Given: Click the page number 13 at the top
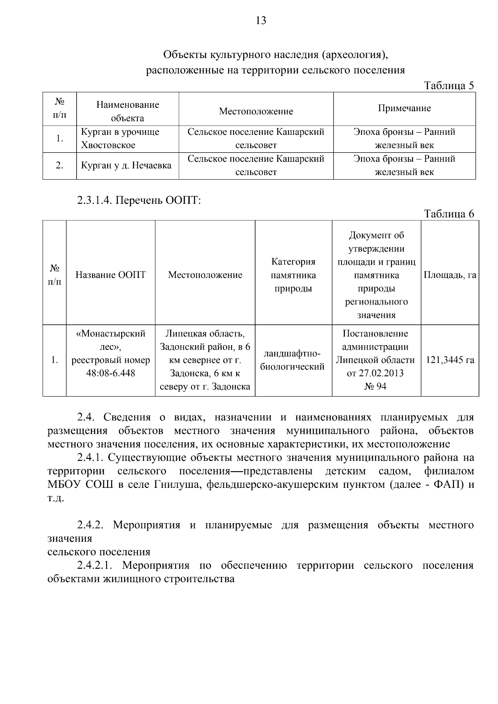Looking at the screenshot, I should (261, 21).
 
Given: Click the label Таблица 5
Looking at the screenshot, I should (449, 85).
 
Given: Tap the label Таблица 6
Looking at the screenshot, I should (449, 214).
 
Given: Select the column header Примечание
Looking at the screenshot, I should (404, 108).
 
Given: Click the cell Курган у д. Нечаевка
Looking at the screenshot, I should (126, 166).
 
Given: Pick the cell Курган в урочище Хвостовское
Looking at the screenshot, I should (120, 139).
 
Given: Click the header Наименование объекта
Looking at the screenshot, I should (127, 111).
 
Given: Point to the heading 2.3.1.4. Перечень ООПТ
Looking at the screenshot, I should (139, 200).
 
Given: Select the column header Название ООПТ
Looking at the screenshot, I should (110, 275).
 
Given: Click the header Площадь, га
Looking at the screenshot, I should (449, 275).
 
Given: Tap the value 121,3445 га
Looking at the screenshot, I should (450, 360).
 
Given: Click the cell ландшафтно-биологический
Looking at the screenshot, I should (293, 360).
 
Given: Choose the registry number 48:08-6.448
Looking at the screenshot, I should (110, 373).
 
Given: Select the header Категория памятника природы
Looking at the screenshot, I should (293, 275).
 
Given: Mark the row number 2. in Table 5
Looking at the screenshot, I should (59, 166).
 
